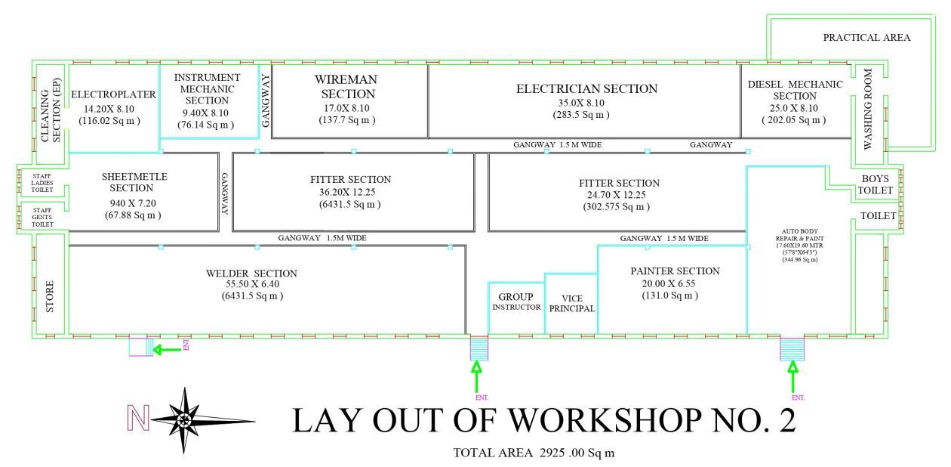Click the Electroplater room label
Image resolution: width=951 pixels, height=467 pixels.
tap(113, 94)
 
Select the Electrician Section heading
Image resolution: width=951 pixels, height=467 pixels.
tap(586, 89)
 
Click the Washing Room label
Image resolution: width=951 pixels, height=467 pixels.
tap(868, 110)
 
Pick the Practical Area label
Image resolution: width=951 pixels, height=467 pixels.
tap(866, 37)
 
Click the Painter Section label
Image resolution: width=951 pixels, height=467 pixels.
tap(675, 271)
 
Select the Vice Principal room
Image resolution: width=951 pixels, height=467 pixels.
tap(571, 303)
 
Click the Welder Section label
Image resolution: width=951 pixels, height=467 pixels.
tap(251, 273)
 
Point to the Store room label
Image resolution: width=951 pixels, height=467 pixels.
tap(50, 296)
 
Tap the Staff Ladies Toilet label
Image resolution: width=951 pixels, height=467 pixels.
tap(42, 181)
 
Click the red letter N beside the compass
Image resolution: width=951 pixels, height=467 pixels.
tap(140, 417)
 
